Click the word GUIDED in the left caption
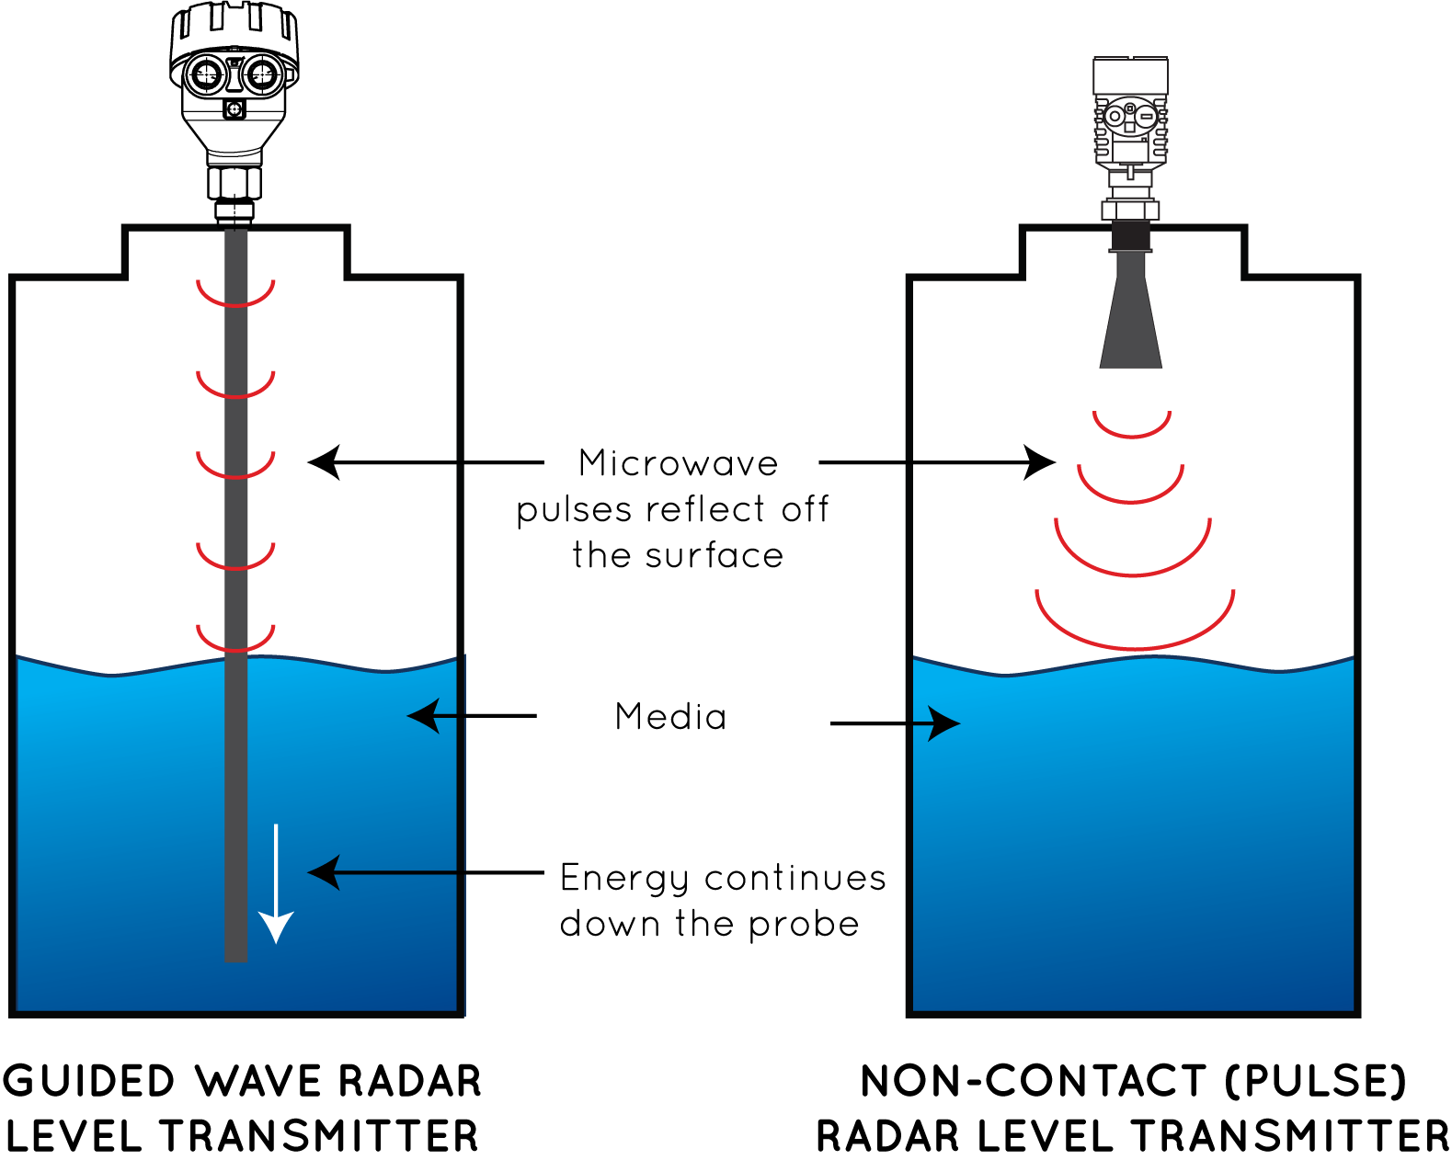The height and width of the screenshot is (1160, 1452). click(x=92, y=1082)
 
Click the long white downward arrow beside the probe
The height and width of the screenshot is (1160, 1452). click(x=276, y=882)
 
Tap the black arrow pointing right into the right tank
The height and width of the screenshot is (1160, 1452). click(x=938, y=723)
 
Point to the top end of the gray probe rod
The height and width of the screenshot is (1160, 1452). click(x=236, y=234)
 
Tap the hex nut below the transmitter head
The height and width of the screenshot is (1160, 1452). click(x=1130, y=210)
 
